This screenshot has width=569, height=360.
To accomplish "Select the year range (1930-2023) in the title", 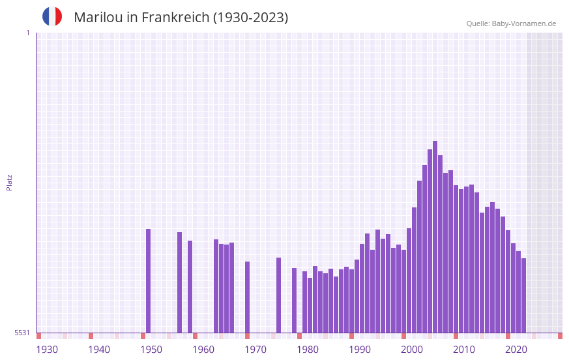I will tap(250, 18).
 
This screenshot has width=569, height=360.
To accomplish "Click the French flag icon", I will tap(52, 16).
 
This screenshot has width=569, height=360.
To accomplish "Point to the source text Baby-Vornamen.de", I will tap(523, 23).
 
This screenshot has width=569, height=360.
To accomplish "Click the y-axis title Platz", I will tap(9, 182).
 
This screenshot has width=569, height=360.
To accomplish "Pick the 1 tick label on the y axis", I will tap(27, 33).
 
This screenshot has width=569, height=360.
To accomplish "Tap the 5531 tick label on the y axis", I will tap(22, 333).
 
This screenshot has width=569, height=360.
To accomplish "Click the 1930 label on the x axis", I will tap(47, 350).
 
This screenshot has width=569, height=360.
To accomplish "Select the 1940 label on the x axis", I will tap(99, 350).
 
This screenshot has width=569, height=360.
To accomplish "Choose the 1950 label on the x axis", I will tap(151, 350).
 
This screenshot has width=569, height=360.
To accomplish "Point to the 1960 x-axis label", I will tap(203, 350).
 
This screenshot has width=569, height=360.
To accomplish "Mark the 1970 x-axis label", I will tap(255, 350).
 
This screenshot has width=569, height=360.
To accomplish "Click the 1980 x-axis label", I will tap(308, 350).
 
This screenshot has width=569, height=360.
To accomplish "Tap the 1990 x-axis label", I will tap(360, 350).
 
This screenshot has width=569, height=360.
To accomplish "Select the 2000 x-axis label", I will tap(412, 350).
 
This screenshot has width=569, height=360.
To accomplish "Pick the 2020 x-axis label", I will tap(516, 350).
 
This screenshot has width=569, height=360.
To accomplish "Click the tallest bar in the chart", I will tap(435, 237).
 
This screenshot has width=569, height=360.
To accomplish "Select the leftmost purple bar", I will tap(148, 280).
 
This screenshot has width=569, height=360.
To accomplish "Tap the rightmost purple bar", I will tap(523, 295).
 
